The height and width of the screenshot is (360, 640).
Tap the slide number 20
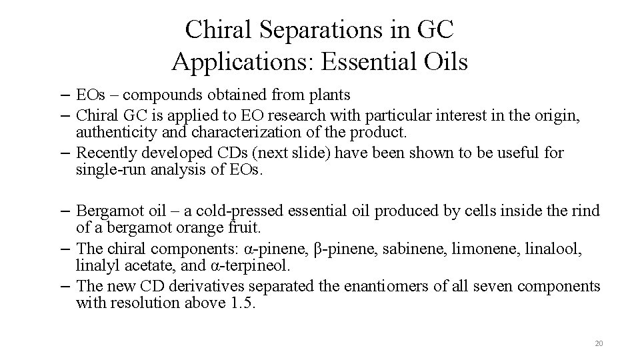pyautogui.click(x=598, y=343)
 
